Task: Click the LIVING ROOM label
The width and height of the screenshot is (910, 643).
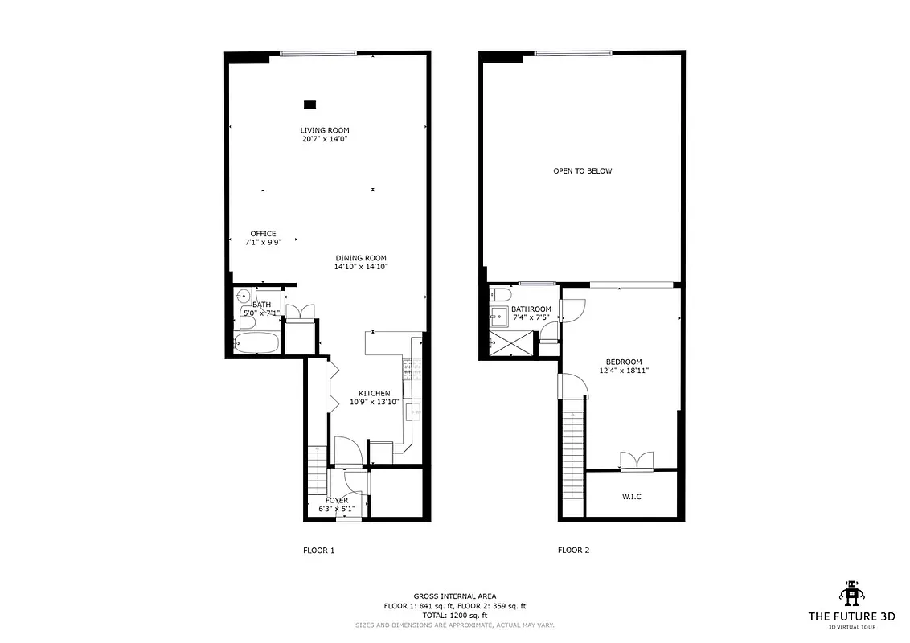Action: click(x=325, y=130)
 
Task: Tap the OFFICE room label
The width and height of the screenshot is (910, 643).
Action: click(x=263, y=234)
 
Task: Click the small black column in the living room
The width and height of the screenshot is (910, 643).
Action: click(x=309, y=104)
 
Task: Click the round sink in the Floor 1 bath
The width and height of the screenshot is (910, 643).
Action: click(x=244, y=297)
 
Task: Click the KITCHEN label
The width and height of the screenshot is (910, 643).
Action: click(x=374, y=393)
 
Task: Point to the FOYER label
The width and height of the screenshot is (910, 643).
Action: click(x=337, y=500)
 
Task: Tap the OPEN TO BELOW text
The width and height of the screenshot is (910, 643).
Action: click(x=582, y=170)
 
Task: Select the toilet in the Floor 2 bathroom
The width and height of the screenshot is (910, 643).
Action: click(x=500, y=294)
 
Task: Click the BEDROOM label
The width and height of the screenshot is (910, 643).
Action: click(x=624, y=362)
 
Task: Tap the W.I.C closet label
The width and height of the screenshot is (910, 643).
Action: click(x=631, y=496)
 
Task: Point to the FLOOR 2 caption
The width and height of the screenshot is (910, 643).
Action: click(x=573, y=551)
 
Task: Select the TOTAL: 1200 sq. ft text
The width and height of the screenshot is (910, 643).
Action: click(x=454, y=615)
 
